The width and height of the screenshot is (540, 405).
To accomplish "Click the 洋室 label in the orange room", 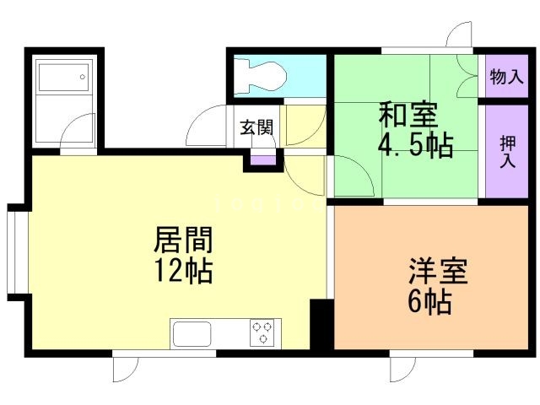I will [x=438, y=270].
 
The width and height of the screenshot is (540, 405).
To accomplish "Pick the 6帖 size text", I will [x=429, y=300].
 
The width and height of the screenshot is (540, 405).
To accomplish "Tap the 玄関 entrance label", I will [x=256, y=127].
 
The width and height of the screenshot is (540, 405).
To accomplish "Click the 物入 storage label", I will [x=505, y=77].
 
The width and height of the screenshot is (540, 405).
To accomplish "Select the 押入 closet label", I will [x=506, y=150].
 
